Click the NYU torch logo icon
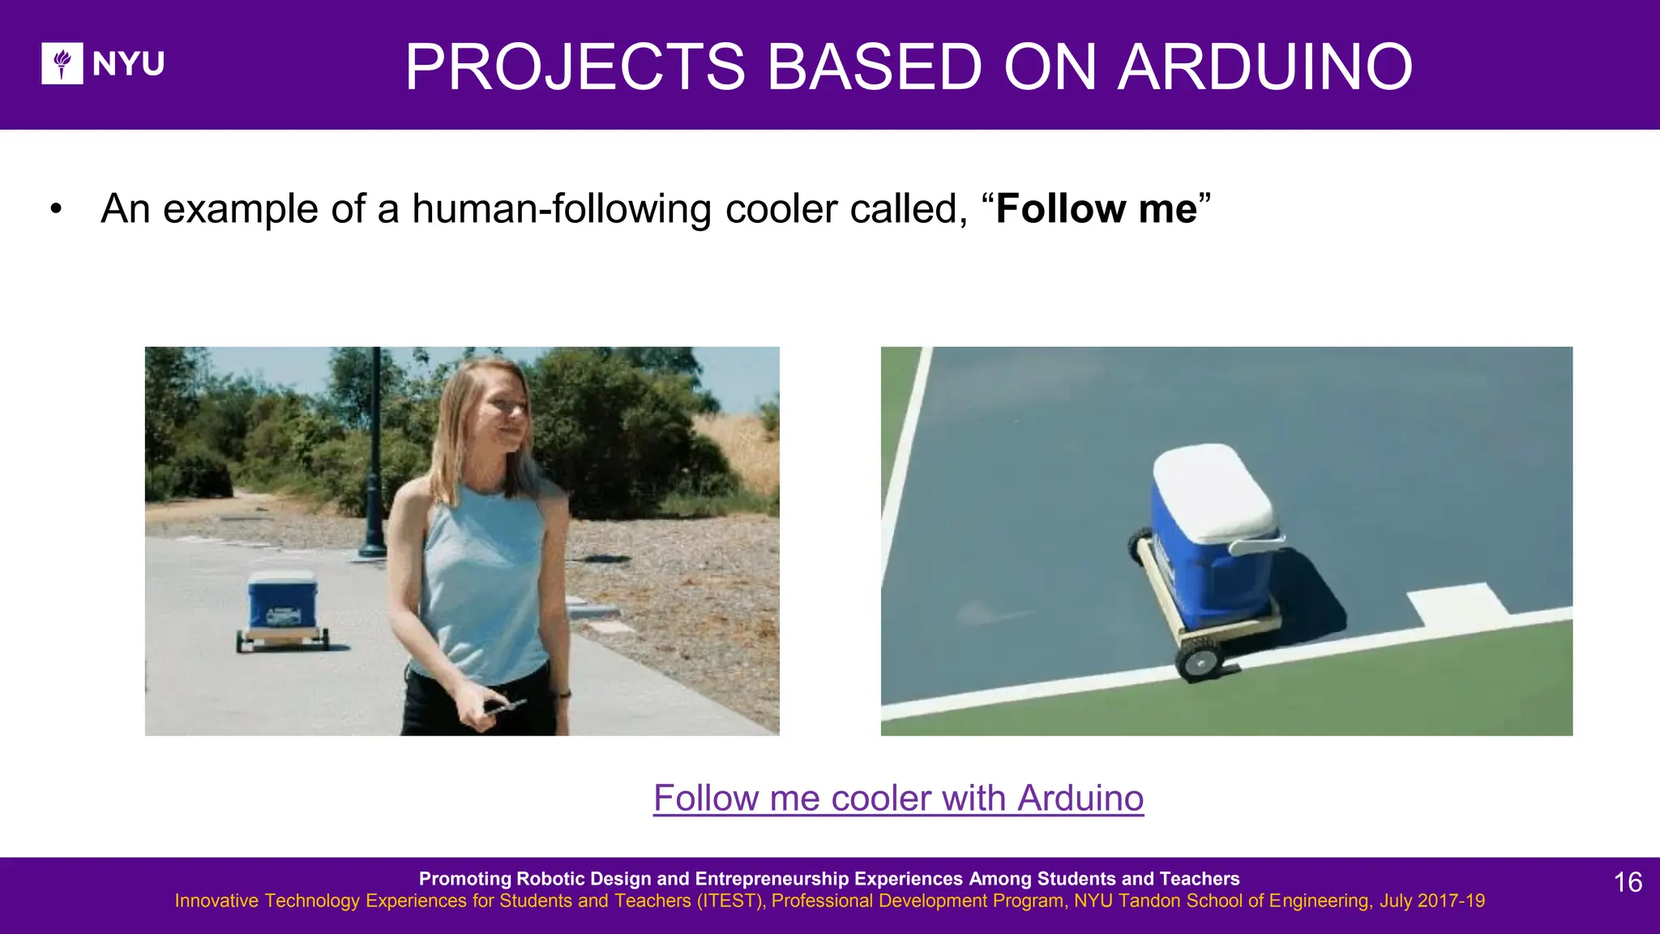[x=62, y=63]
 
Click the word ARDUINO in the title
[x=1265, y=66]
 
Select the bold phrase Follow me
[x=1096, y=209]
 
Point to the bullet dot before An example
[x=56, y=209]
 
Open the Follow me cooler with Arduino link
[x=898, y=798]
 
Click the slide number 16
[x=1628, y=882]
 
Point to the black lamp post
[x=374, y=454]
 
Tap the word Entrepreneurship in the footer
[x=828, y=879]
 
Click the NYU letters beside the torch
[x=128, y=64]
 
